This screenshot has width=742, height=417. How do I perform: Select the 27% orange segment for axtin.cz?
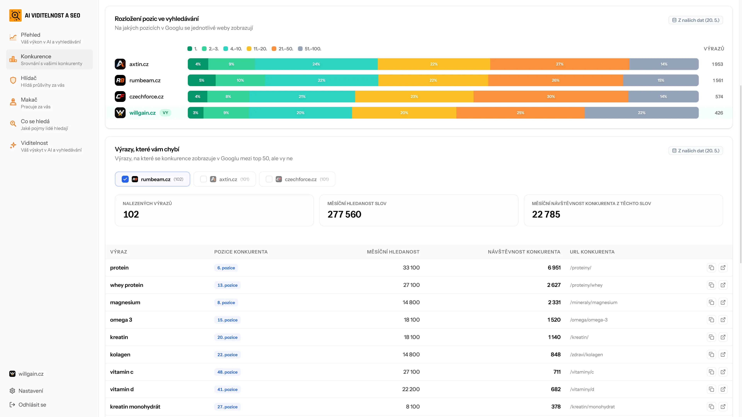pyautogui.click(x=560, y=64)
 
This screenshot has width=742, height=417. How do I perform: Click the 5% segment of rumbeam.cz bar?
pyautogui.click(x=202, y=80)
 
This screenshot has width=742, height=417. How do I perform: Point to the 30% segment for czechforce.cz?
pyautogui.click(x=551, y=96)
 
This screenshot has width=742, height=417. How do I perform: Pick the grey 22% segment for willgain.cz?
pyautogui.click(x=642, y=113)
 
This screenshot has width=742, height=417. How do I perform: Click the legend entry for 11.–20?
pyautogui.click(x=257, y=49)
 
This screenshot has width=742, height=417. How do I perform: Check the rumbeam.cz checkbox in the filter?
pyautogui.click(x=125, y=179)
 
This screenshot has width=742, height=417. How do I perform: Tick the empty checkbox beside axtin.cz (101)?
pyautogui.click(x=203, y=179)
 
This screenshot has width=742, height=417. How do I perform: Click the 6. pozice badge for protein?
pyautogui.click(x=226, y=268)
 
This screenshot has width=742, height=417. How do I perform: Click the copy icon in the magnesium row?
pyautogui.click(x=711, y=302)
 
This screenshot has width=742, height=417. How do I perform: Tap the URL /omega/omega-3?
pyautogui.click(x=589, y=320)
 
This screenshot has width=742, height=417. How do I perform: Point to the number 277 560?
pyautogui.click(x=344, y=214)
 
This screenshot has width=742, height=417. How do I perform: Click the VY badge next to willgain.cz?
pyautogui.click(x=165, y=113)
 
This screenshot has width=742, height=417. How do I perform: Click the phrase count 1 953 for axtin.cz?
pyautogui.click(x=717, y=64)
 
